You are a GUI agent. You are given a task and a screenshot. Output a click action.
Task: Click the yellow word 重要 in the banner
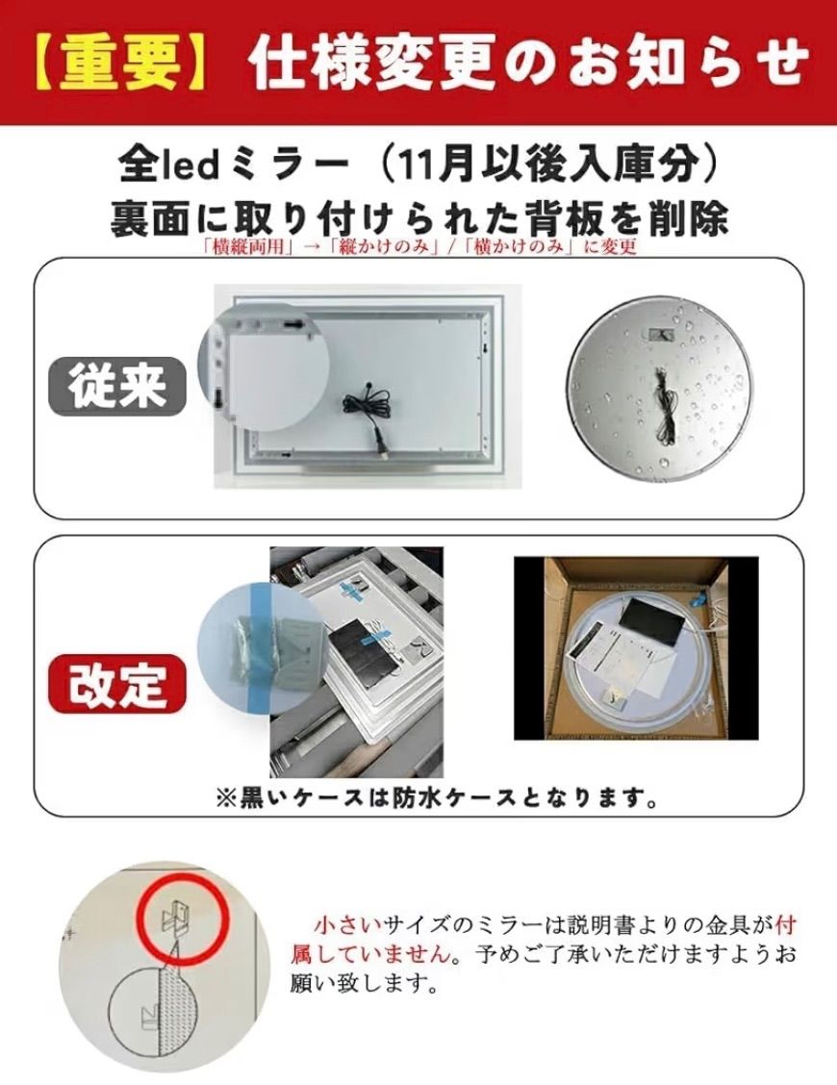pyautogui.click(x=119, y=63)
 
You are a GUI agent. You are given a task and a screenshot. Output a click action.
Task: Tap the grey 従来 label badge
pyautogui.click(x=117, y=386)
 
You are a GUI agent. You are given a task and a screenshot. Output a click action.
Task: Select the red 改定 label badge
pyautogui.click(x=117, y=684)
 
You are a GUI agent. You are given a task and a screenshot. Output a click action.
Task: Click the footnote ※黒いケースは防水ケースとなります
pyautogui.click(x=436, y=798)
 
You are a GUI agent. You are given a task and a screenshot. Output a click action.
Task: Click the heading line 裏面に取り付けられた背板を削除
pyautogui.click(x=418, y=218)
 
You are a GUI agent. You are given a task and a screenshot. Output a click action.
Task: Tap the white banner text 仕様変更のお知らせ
pyautogui.click(x=530, y=63)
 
